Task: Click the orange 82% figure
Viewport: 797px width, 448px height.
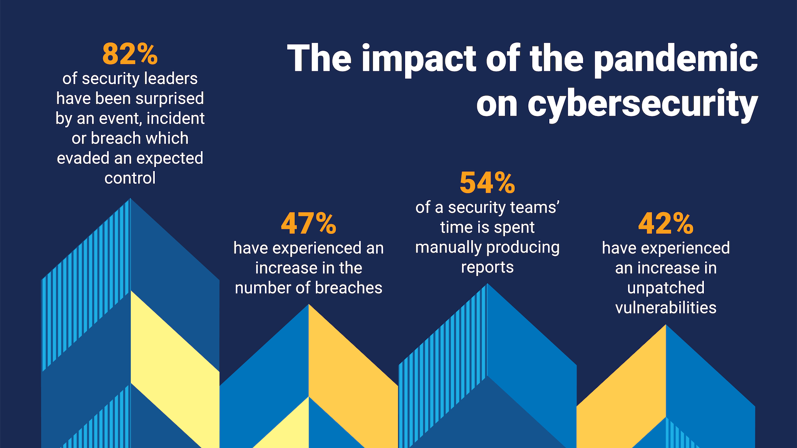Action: [x=130, y=54]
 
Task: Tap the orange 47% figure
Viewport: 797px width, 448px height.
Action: [x=308, y=224]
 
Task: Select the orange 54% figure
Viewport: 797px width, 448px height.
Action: [x=487, y=183]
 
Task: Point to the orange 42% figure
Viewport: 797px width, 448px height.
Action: [x=666, y=224]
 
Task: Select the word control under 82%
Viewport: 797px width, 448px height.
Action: [x=130, y=178]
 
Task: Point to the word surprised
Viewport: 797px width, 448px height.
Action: [x=170, y=99]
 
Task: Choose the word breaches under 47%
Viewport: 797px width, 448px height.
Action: [x=348, y=288]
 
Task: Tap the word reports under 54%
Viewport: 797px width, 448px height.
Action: [x=487, y=268]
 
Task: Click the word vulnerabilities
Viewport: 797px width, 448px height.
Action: [x=666, y=308]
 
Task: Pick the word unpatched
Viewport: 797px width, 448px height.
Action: [x=666, y=288]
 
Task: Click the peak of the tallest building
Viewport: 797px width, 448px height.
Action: [x=130, y=200]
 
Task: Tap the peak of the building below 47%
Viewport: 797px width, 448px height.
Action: [x=308, y=305]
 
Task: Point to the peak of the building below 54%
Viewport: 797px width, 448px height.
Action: [x=487, y=285]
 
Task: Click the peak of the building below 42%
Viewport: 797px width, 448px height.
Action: [x=666, y=326]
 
